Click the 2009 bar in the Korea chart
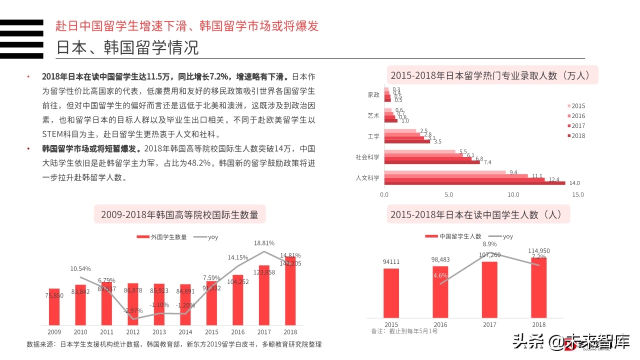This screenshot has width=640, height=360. tap(54, 306)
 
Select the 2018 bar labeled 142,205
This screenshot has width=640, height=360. tap(290, 295)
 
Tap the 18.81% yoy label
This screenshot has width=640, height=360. tap(264, 243)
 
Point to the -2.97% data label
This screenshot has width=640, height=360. tap(133, 310)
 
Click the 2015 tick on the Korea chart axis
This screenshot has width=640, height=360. tap(211, 332)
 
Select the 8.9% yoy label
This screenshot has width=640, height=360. tap(489, 244)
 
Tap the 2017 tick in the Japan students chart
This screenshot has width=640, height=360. tap(489, 324)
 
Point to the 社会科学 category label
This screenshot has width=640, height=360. tap(367, 157)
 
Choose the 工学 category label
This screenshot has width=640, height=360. tap(373, 136)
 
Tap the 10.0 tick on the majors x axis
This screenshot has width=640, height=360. tap(513, 194)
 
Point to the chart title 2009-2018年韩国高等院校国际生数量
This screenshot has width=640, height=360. tap(179, 215)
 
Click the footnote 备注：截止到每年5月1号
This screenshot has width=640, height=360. tap(404, 331)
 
